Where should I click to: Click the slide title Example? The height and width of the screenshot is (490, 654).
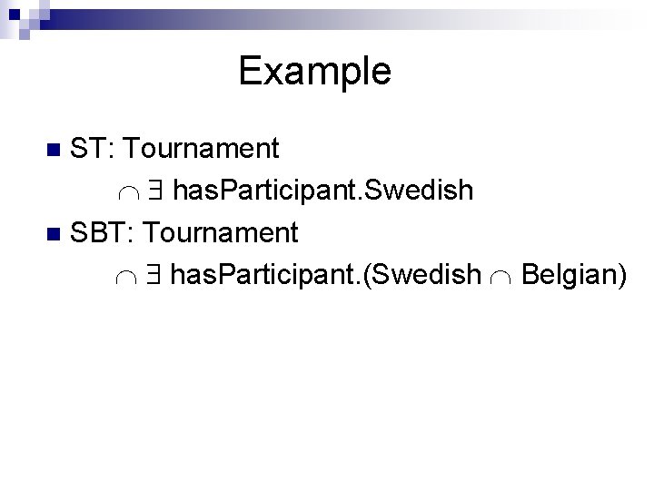click(x=314, y=71)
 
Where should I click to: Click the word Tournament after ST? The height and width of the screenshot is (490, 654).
click(x=200, y=148)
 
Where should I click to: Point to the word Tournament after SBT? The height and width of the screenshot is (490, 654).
click(x=221, y=233)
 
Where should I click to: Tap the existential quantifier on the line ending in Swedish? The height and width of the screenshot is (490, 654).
click(x=154, y=191)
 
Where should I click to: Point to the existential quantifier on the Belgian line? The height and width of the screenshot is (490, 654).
click(x=154, y=274)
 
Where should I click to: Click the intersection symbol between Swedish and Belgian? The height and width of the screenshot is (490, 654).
click(x=501, y=276)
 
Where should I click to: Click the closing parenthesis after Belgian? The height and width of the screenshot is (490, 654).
click(x=621, y=274)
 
